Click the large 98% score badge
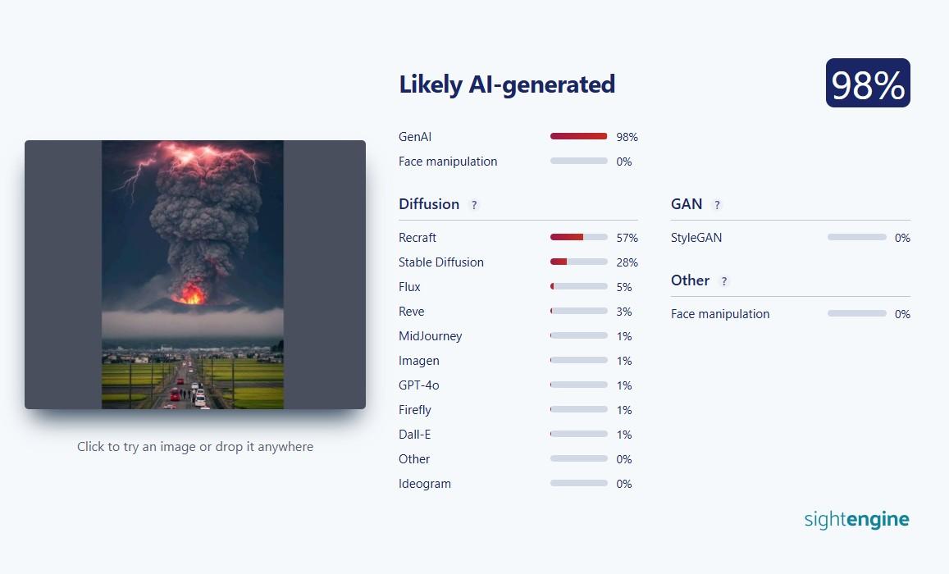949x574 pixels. [868, 83]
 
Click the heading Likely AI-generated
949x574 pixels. [507, 84]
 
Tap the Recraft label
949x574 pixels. [417, 238]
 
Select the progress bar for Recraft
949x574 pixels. [578, 237]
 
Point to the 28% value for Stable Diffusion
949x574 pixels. [627, 262]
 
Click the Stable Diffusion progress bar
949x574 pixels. [578, 262]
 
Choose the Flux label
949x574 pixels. [409, 287]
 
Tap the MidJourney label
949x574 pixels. [430, 335]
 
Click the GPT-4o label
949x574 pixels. [419, 385]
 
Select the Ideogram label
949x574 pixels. [424, 484]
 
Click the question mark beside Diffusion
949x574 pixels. [474, 205]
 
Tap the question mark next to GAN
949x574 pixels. [717, 205]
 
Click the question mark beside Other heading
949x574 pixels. [724, 281]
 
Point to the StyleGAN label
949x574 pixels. [696, 238]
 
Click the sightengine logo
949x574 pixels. [856, 520]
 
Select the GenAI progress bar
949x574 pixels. [578, 136]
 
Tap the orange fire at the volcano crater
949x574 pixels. [191, 294]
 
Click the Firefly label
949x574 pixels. [414, 410]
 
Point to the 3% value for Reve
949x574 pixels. [624, 312]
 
